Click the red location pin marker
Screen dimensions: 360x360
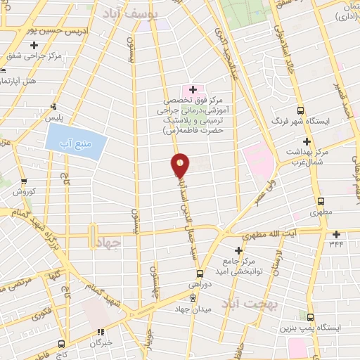(x=181, y=165)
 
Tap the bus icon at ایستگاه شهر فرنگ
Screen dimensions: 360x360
(x=301, y=110)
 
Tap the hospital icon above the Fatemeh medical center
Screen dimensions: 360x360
(x=193, y=89)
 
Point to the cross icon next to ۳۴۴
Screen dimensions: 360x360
(x=337, y=234)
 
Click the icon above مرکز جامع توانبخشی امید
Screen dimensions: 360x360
(x=240, y=250)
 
